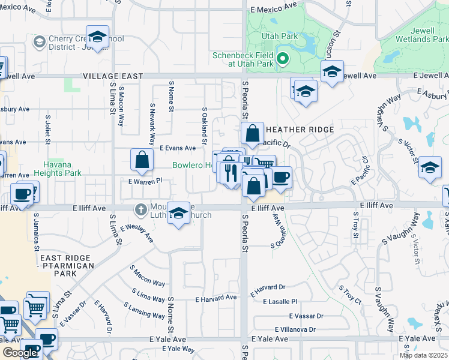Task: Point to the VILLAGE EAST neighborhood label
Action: pyautogui.click(x=113, y=76)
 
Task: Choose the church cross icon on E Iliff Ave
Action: pyautogui.click(x=140, y=210)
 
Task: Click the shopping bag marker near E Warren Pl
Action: pyautogui.click(x=142, y=160)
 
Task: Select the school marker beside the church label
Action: pyautogui.click(x=178, y=214)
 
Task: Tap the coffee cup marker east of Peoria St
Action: pyautogui.click(x=281, y=178)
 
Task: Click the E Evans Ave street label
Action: pyautogui.click(x=177, y=148)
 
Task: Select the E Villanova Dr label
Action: pyautogui.click(x=295, y=329)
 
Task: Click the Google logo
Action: pyautogui.click(x=20, y=353)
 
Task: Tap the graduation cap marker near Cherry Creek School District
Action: pyautogui.click(x=97, y=36)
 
